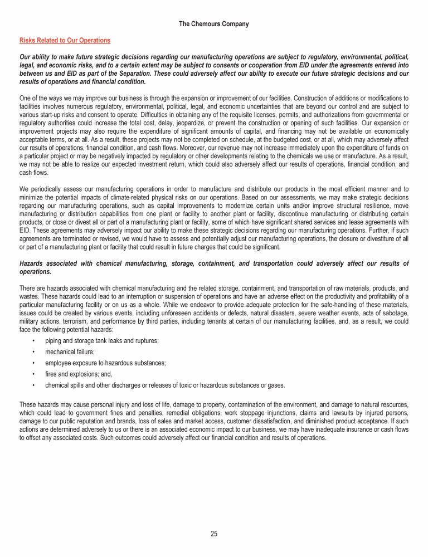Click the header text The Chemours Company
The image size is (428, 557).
click(214, 24)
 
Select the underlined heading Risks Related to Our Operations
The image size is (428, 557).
click(65, 41)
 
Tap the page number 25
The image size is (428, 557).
click(214, 534)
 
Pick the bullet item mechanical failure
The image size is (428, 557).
click(70, 351)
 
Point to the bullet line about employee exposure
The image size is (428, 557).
click(105, 363)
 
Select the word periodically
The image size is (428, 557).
click(45, 189)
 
